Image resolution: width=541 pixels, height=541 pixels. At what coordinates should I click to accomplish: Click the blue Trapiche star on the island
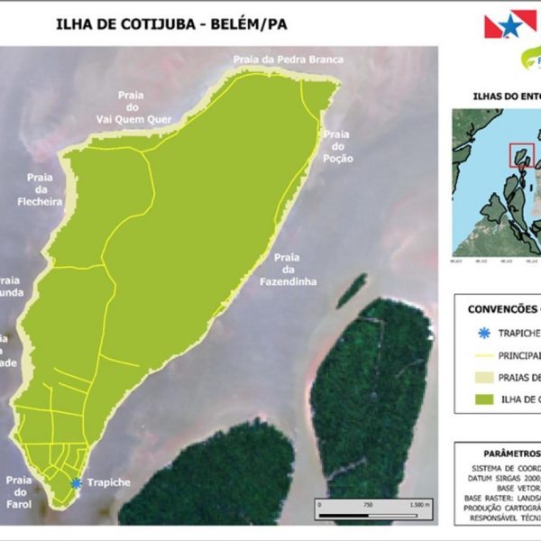(x=77, y=483)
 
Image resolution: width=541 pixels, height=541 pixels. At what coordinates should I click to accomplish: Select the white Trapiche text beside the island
(x=108, y=482)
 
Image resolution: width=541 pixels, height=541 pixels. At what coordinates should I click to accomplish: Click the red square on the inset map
(x=521, y=155)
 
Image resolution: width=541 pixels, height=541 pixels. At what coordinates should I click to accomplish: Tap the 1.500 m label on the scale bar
(x=421, y=504)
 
